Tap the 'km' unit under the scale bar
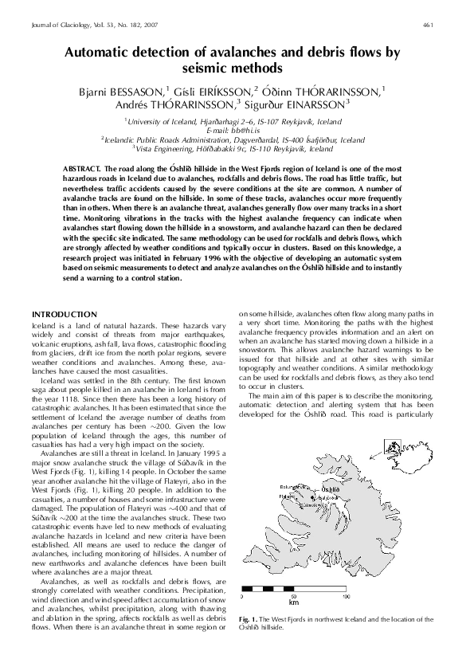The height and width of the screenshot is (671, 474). coord(294,603)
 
